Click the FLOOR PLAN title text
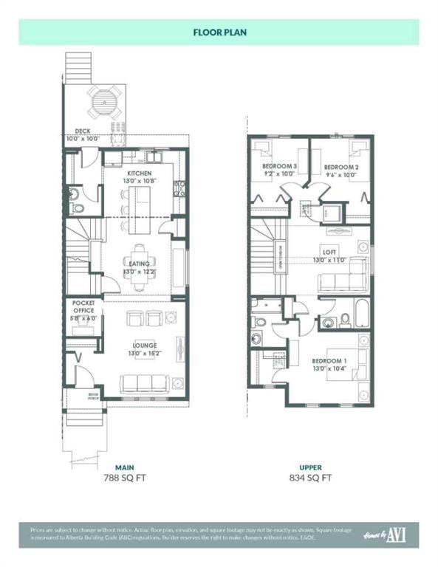(x=219, y=32)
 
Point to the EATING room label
(x=139, y=264)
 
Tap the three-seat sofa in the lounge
(x=144, y=383)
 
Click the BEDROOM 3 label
(x=279, y=168)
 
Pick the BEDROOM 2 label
(x=341, y=168)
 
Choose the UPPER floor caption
(x=310, y=467)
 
